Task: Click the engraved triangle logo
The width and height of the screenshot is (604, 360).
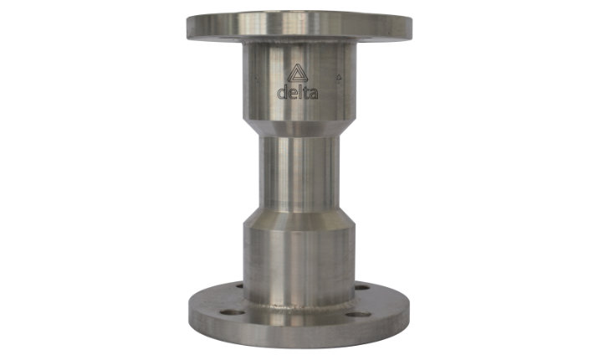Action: click(x=298, y=73)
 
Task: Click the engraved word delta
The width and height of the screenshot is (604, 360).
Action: click(x=298, y=92)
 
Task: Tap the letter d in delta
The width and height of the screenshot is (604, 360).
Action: click(x=283, y=92)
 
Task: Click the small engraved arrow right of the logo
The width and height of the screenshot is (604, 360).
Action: click(x=339, y=78)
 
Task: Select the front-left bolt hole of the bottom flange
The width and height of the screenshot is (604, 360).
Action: click(x=233, y=312)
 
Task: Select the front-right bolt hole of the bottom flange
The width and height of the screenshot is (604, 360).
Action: click(x=358, y=315)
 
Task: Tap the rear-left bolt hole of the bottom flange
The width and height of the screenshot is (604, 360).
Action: click(x=239, y=286)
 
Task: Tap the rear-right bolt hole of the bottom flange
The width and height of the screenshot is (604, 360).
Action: click(x=361, y=287)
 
